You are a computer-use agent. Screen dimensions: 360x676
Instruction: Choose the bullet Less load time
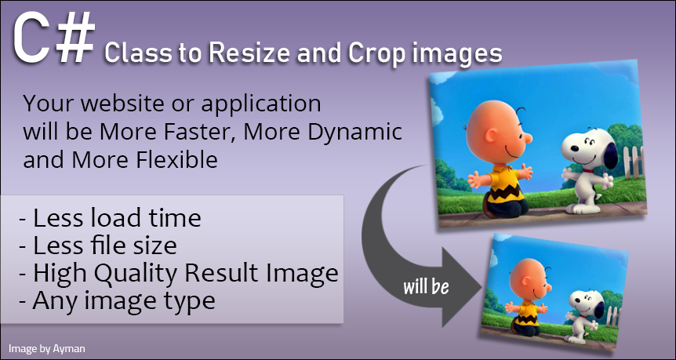click(110, 218)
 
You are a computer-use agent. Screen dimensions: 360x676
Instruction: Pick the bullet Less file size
click(98, 245)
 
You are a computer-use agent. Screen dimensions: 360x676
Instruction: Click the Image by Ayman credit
click(47, 347)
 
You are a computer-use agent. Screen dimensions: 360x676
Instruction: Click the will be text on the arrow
click(426, 287)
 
